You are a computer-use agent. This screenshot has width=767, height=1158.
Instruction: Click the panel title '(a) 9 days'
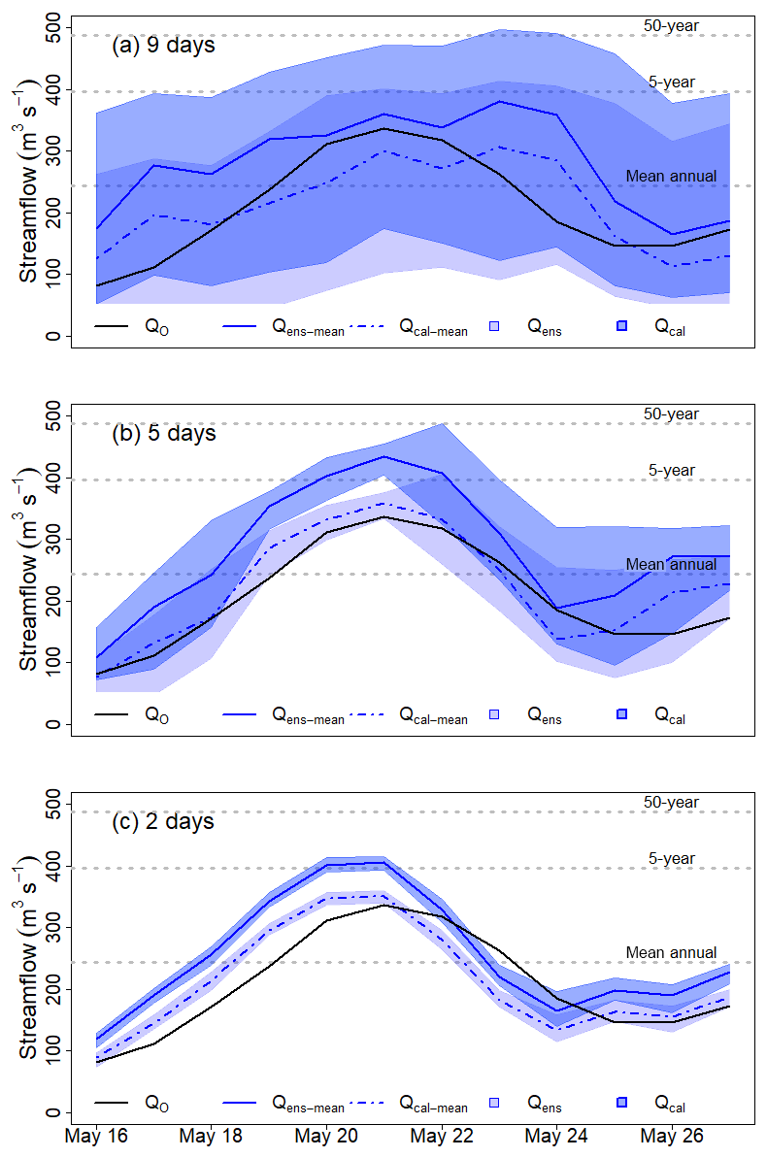160,45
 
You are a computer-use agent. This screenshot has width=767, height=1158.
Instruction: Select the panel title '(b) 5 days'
160,433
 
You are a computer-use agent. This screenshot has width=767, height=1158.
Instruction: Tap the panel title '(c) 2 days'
160,821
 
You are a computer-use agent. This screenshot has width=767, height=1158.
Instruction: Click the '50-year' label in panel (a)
671,25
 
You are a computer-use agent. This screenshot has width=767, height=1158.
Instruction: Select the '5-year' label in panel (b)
673,471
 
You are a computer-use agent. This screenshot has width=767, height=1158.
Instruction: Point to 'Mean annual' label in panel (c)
671,953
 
